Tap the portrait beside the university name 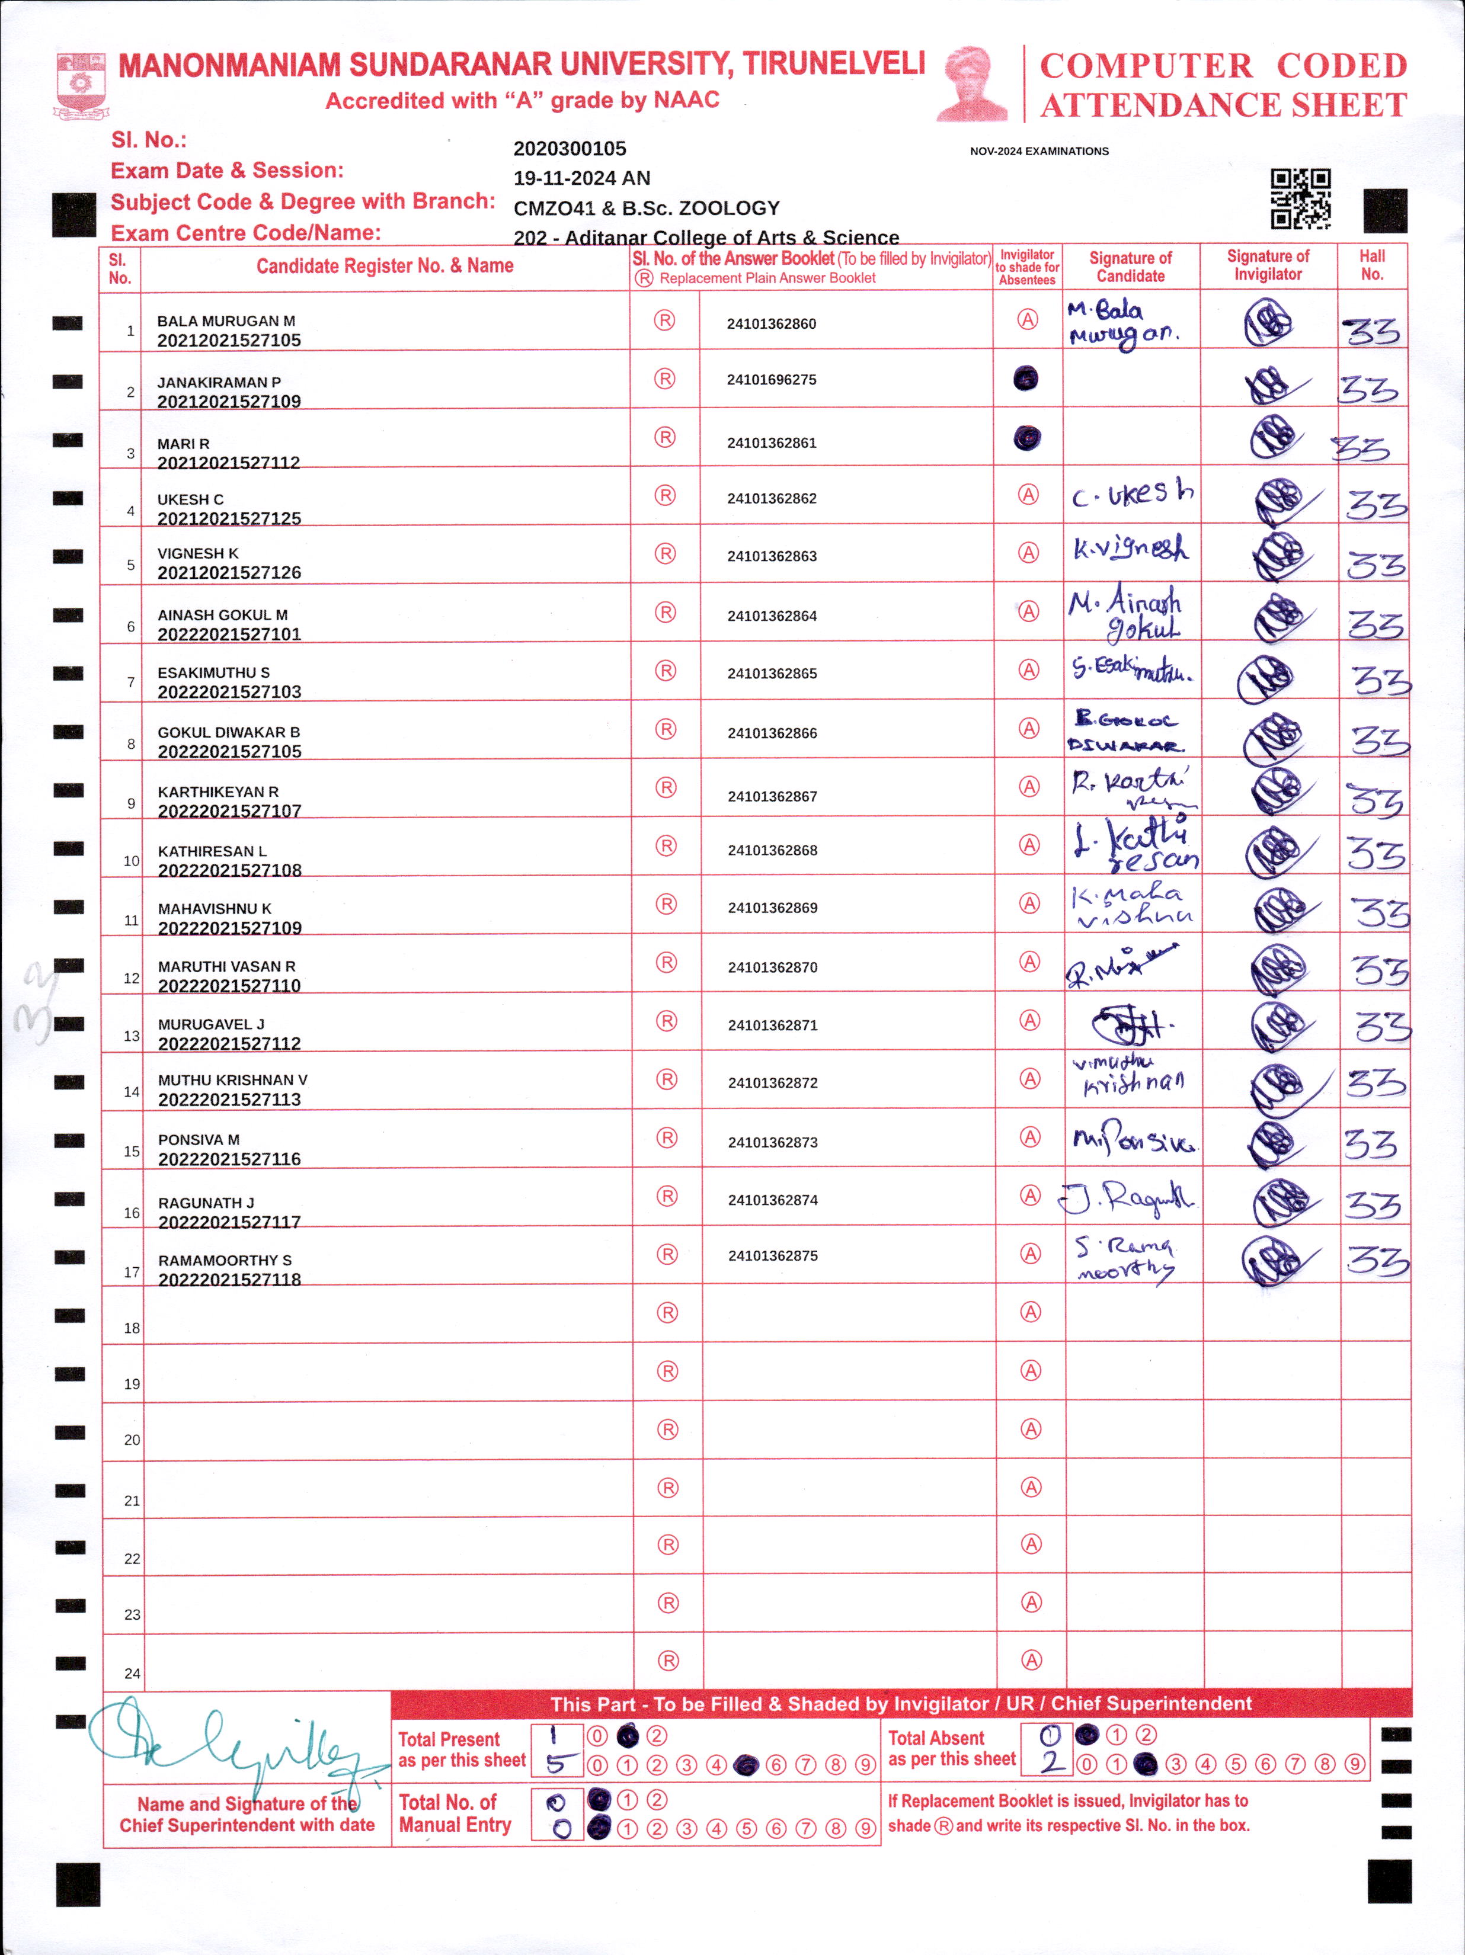[973, 84]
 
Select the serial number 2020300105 [570, 149]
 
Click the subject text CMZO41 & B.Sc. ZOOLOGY [647, 209]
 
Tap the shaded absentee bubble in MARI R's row [1026, 437]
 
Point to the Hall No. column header [1371, 265]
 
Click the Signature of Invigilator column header [1268, 265]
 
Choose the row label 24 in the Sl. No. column [132, 1673]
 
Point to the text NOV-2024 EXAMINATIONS [1039, 151]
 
